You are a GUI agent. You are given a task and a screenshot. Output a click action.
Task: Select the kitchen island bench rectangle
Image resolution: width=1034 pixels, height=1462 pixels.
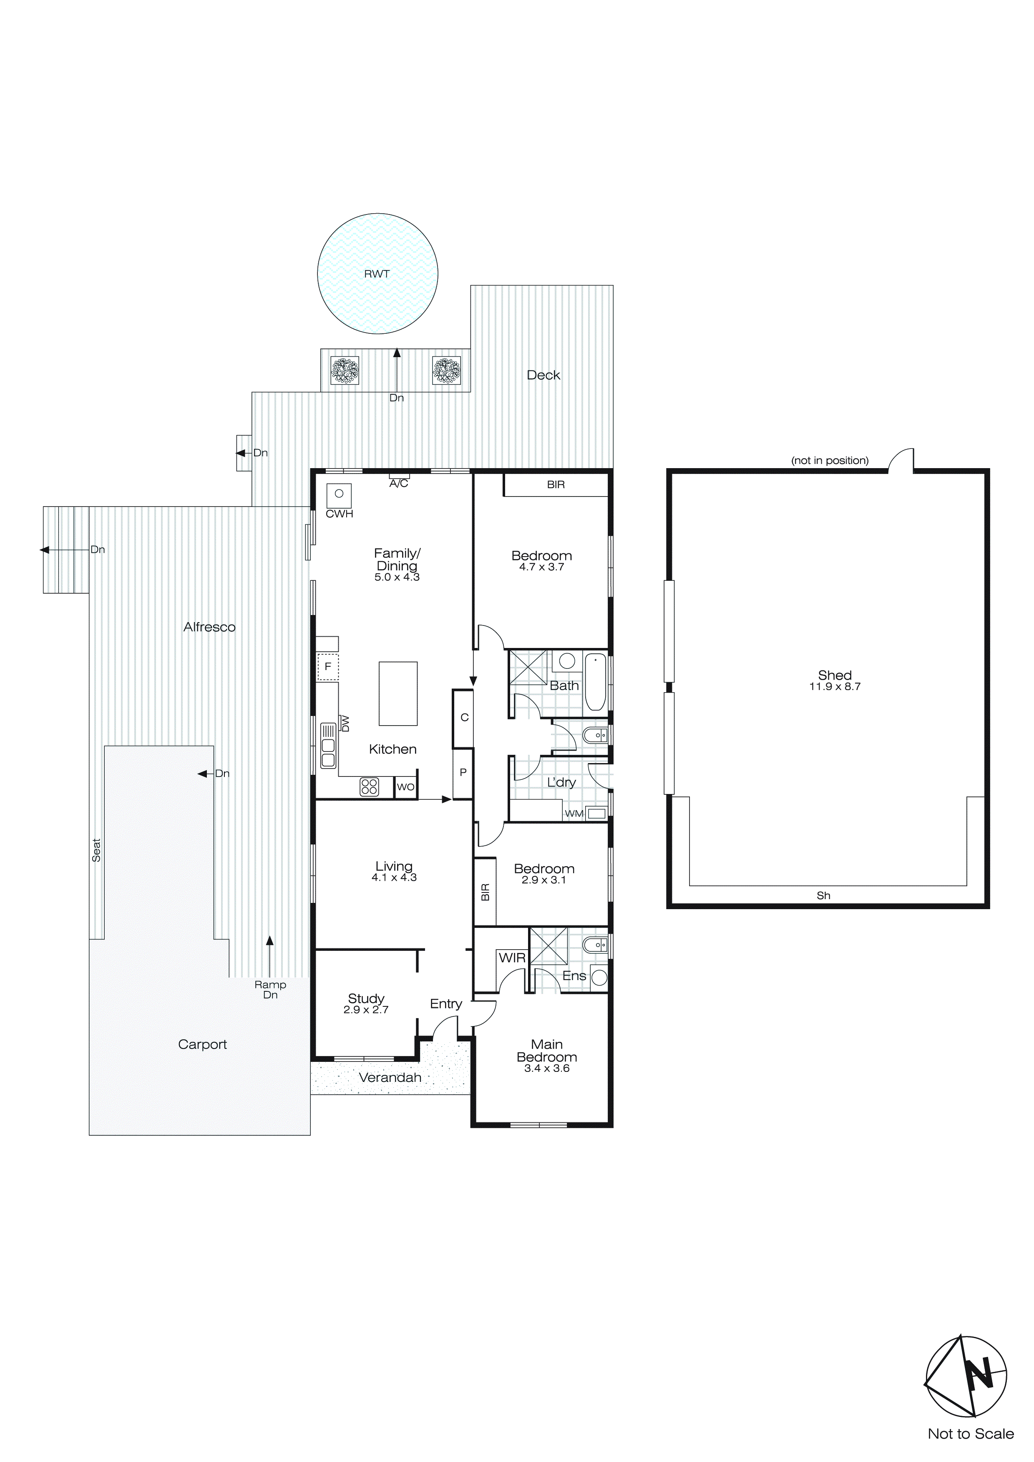tap(398, 693)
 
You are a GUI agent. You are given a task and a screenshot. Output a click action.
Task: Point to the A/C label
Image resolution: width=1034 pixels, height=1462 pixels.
tap(399, 484)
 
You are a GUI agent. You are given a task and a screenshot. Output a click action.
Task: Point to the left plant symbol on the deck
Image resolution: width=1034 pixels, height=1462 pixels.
tap(345, 371)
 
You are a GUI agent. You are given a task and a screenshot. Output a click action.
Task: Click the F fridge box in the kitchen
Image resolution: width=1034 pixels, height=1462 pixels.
tap(328, 667)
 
